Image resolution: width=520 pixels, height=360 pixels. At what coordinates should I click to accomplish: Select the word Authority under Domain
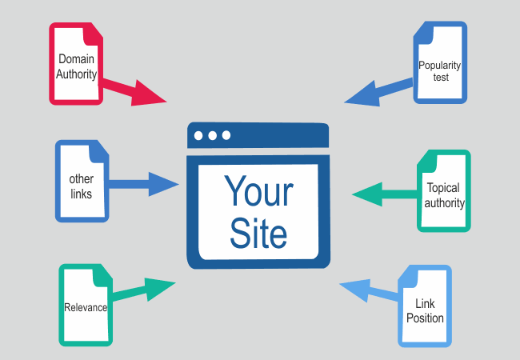[x=77, y=75]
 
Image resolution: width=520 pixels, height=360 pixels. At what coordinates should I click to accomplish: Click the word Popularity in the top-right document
[x=439, y=65]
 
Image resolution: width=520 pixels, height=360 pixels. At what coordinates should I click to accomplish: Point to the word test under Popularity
[x=439, y=78]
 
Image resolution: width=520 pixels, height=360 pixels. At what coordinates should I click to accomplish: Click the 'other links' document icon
[x=81, y=181]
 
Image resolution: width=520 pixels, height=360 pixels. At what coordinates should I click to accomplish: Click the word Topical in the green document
[x=443, y=189]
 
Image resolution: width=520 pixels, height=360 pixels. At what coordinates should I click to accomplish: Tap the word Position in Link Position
[x=425, y=318]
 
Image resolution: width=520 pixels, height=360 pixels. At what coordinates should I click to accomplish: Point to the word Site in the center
[x=258, y=233]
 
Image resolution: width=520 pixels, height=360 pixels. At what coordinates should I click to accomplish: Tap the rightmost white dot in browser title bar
[x=226, y=135]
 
